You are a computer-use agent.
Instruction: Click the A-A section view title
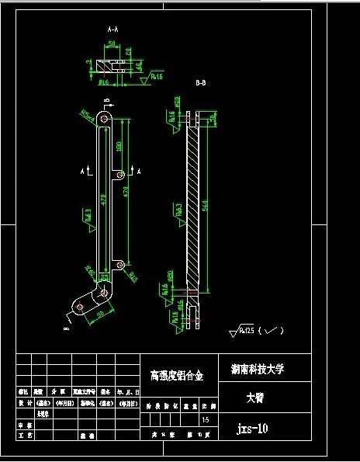click(112, 28)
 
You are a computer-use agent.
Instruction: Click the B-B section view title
click(200, 82)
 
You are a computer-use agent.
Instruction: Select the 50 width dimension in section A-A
click(112, 44)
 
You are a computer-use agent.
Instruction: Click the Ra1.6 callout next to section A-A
click(155, 77)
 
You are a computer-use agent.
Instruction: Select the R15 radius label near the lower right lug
click(133, 276)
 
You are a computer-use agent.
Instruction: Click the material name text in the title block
click(176, 376)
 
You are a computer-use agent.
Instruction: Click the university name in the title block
click(258, 370)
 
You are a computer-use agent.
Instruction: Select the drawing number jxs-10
click(252, 427)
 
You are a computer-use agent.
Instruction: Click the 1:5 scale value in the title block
click(206, 420)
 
